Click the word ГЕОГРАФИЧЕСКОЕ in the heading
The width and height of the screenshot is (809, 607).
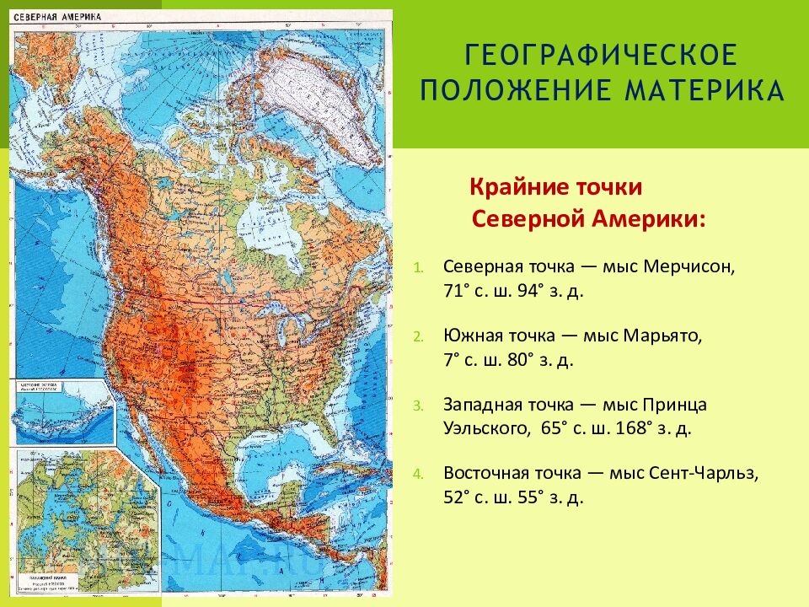[602, 56]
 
